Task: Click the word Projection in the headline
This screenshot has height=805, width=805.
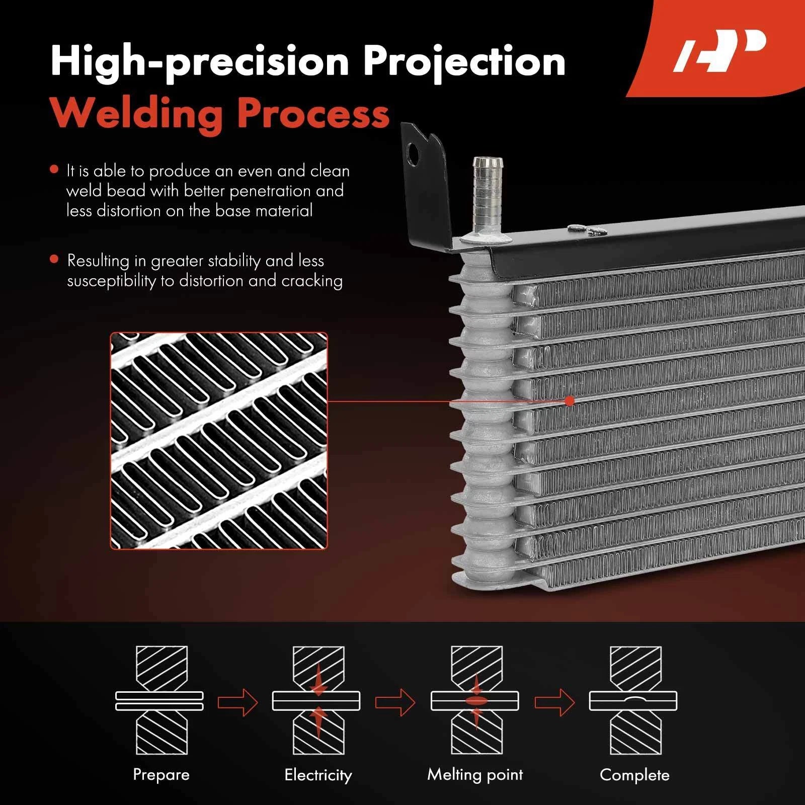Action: point(464,62)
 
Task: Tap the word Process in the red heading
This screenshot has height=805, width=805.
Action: point(313,113)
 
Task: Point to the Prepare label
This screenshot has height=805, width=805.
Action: point(161,774)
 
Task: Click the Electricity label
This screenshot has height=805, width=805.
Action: point(318,774)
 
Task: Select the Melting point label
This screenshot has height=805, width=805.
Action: point(475,774)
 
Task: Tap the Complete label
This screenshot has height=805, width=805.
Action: point(634,774)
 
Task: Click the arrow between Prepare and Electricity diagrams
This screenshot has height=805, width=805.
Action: point(237,701)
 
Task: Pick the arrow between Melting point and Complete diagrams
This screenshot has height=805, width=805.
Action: point(554,701)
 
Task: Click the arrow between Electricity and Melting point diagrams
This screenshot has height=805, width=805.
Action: point(395,701)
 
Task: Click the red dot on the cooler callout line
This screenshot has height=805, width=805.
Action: point(570,401)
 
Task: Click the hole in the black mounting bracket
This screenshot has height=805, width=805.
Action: point(413,154)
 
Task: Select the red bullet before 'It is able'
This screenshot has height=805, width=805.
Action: point(54,170)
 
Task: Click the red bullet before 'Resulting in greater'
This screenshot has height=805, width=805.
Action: point(54,260)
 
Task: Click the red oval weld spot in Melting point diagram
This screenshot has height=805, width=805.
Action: point(475,700)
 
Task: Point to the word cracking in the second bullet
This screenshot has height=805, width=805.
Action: point(312,281)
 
